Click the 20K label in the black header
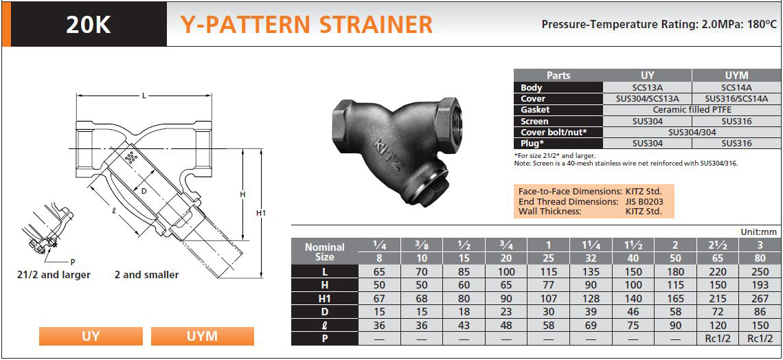click(89, 25)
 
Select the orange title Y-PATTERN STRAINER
click(306, 24)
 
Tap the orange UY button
click(91, 336)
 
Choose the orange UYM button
click(202, 336)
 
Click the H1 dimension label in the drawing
click(261, 213)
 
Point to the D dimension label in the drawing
click(144, 191)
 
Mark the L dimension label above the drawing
click(144, 95)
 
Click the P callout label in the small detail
click(72, 261)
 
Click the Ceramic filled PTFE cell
click(685, 110)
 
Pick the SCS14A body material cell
click(737, 87)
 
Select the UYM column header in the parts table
click(737, 76)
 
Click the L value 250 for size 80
click(759, 271)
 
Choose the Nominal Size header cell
click(325, 252)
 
